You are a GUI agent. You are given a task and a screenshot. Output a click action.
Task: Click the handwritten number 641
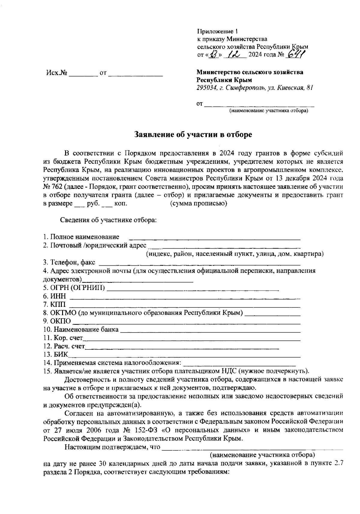point(296,54)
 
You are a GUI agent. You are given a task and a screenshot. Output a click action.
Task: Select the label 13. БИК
point(56,355)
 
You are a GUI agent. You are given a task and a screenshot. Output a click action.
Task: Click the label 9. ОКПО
point(57,321)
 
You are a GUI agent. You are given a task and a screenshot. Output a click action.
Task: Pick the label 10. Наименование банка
point(81,330)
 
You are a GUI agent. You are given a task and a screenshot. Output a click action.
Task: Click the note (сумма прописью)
point(198,204)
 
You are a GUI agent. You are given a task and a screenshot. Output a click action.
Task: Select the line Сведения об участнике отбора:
point(108,220)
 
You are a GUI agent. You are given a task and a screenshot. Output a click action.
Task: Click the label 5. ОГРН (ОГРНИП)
point(74,288)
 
